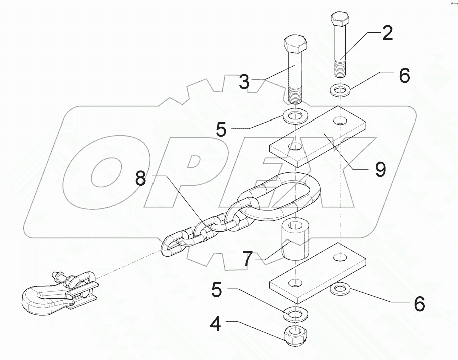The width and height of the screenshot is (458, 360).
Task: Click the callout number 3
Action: click(244, 82)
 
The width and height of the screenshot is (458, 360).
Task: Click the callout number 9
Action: click(380, 169)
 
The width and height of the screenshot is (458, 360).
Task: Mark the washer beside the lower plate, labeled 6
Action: click(342, 290)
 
